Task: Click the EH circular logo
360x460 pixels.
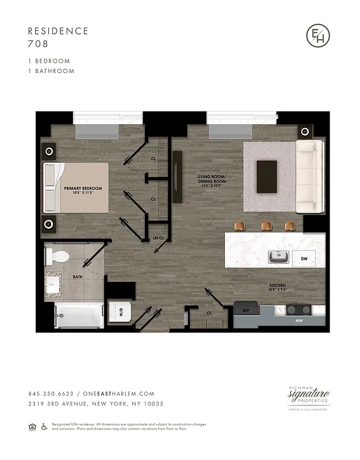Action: (x=318, y=36)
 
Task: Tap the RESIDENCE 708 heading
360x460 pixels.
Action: (x=58, y=37)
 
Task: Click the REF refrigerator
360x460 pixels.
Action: (x=246, y=310)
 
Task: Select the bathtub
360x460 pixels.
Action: (x=78, y=316)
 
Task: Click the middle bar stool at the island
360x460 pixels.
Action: (x=266, y=225)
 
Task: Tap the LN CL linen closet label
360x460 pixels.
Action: (x=159, y=238)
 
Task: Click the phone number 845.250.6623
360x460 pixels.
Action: (x=51, y=393)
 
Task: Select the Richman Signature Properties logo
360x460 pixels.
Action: (x=308, y=397)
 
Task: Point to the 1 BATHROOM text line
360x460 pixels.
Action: (x=51, y=71)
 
